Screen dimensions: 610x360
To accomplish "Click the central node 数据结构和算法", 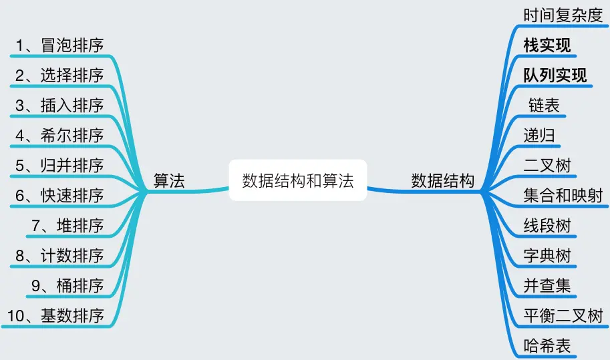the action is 297,180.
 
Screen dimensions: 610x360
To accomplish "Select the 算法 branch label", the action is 169,181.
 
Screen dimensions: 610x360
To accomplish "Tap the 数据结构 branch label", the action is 442,181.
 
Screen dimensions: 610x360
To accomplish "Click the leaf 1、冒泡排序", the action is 60,45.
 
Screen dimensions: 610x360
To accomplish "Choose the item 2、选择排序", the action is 60,75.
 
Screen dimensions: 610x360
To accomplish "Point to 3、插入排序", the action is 60,105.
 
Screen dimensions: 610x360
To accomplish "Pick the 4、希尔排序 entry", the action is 60,135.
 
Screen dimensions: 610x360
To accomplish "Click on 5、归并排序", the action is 60,165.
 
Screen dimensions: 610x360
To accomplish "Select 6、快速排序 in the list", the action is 60,196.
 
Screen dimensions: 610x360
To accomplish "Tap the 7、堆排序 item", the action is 67,226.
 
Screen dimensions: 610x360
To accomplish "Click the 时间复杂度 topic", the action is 563,15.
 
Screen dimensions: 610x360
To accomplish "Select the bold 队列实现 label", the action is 555,75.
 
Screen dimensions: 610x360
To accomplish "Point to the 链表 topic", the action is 543,106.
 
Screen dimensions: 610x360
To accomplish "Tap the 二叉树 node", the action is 547,165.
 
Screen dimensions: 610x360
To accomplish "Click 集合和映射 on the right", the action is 563,196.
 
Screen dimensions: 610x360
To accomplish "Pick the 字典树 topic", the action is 547,256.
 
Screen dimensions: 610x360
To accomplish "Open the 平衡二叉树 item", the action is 563,315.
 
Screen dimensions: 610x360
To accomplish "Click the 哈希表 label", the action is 547,345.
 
